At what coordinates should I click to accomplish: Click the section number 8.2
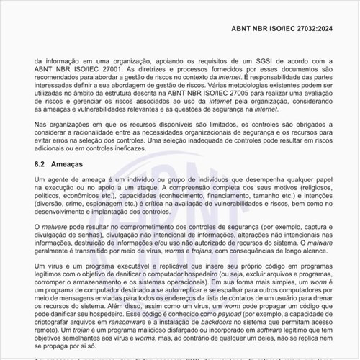pyautogui.click(x=41, y=165)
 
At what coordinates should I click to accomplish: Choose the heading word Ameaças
pyautogui.click(x=68, y=165)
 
